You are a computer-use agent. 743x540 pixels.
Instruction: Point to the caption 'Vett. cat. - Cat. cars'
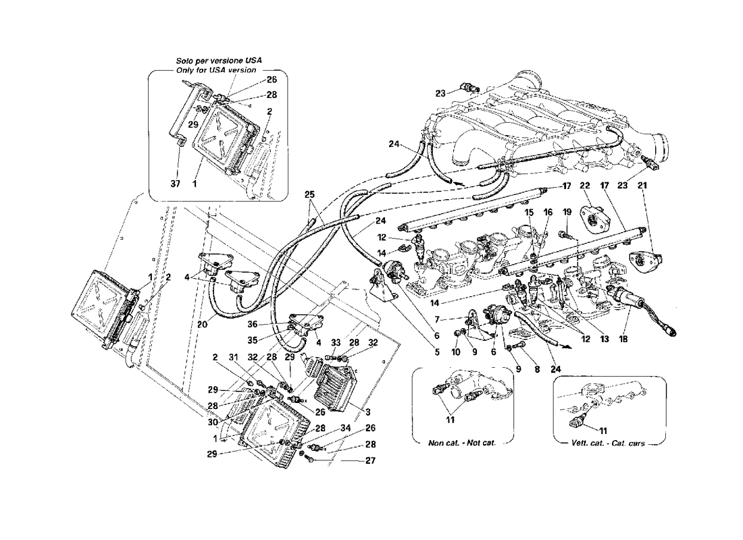coord(605,443)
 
